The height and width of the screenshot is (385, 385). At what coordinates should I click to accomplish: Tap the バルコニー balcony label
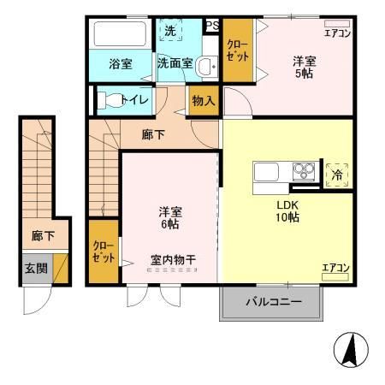click(274, 302)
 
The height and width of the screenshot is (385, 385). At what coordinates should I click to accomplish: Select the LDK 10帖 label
click(287, 211)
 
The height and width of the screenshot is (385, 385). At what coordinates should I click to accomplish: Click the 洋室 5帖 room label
click(305, 66)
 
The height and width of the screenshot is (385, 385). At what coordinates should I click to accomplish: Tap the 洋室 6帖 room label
click(167, 217)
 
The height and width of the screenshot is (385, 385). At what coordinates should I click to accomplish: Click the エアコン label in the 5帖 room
click(336, 33)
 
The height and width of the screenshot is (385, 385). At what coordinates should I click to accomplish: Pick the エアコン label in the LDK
click(335, 268)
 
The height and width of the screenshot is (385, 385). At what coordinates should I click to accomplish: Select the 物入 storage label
click(204, 100)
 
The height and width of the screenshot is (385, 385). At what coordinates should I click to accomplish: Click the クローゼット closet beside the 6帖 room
click(103, 252)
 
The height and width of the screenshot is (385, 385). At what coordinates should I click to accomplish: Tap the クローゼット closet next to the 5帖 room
click(236, 50)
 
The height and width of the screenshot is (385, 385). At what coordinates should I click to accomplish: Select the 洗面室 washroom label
click(175, 63)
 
